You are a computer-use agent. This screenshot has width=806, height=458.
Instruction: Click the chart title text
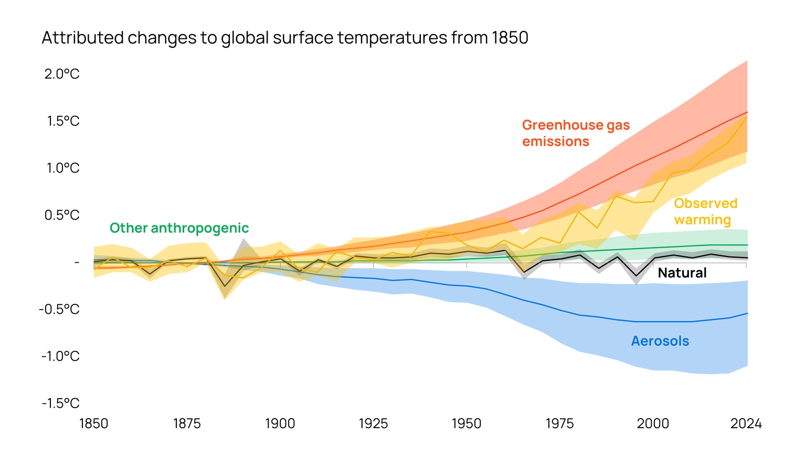click(x=284, y=38)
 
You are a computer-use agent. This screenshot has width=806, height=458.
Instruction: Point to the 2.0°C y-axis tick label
click(x=62, y=74)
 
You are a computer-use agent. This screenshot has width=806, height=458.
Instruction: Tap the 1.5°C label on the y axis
click(x=63, y=121)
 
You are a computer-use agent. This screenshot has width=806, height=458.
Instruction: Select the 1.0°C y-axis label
click(x=63, y=168)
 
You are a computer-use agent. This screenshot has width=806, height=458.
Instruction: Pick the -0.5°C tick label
click(x=59, y=309)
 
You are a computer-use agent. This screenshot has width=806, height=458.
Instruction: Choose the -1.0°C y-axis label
click(x=60, y=356)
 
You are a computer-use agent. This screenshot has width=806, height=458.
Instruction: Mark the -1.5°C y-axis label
click(x=60, y=403)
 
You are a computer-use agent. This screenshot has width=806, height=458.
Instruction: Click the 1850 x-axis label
click(x=93, y=423)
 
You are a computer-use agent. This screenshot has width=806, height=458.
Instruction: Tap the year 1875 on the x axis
click(x=187, y=423)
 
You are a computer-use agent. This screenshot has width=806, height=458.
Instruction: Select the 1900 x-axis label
click(x=280, y=423)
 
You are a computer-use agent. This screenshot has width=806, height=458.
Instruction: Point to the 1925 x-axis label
click(x=373, y=423)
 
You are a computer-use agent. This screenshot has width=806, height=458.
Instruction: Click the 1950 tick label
click(x=466, y=423)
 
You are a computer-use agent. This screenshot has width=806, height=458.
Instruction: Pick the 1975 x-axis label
click(x=559, y=423)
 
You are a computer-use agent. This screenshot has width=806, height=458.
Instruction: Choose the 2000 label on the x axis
click(x=653, y=423)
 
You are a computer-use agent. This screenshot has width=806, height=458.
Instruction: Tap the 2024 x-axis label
click(x=746, y=423)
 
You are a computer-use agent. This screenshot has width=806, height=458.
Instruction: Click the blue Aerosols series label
click(x=660, y=341)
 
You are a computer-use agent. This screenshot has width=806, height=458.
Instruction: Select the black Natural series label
click(x=682, y=273)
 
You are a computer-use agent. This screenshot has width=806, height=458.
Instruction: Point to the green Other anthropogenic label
click(x=179, y=228)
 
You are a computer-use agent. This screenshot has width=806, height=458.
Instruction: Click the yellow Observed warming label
click(x=705, y=211)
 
